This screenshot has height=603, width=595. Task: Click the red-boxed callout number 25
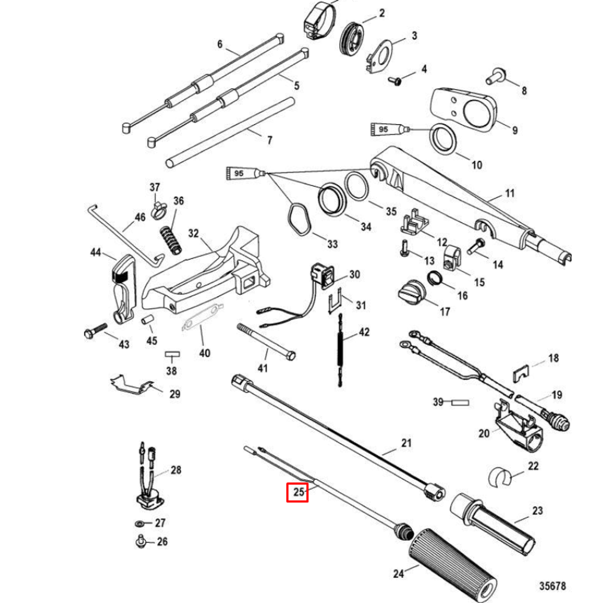coord(297,492)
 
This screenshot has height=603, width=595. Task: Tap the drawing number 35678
coord(552,586)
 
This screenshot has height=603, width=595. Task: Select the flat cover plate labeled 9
coord(465,108)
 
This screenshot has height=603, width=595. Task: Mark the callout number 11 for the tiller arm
coord(509,193)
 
